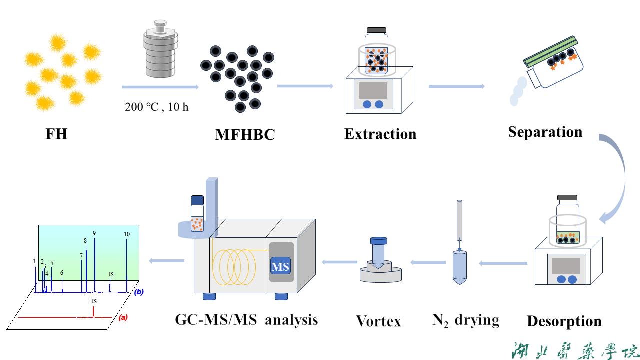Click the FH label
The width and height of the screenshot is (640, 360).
56,134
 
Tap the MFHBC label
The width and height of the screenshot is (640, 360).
245,135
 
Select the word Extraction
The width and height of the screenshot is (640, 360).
380,134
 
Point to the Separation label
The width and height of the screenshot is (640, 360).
545,132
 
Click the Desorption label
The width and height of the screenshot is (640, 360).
564,321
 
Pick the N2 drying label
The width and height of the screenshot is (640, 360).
465,320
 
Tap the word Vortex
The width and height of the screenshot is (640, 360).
378,321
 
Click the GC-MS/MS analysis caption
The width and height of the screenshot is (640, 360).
246,319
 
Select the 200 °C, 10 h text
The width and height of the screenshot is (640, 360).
156,106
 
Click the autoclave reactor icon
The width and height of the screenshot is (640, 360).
159,50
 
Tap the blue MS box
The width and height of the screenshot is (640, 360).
280,266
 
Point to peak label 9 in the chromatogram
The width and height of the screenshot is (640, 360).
94,233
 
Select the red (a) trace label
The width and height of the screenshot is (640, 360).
123,317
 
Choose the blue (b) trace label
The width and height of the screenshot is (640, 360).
138,292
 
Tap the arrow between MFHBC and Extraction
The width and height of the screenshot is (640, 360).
305,86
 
